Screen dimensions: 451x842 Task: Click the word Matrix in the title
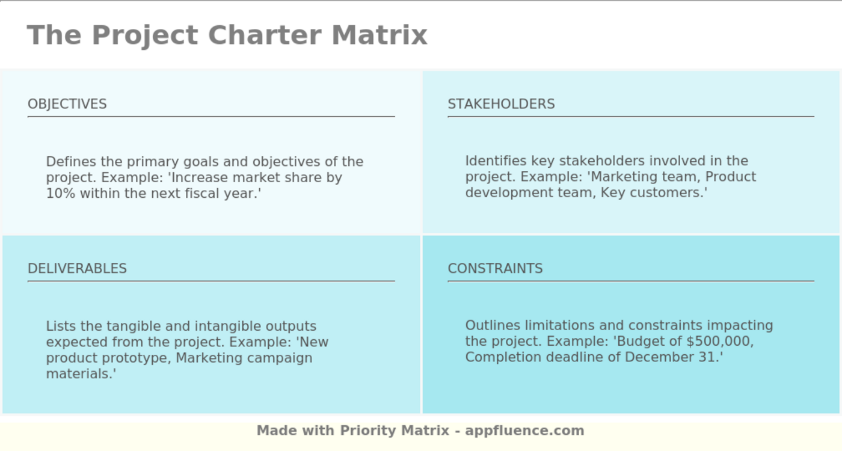(379, 35)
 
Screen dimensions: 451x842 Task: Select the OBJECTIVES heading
(67, 104)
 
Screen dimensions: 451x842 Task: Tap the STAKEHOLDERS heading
(501, 104)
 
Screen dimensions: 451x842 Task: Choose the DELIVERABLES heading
(77, 268)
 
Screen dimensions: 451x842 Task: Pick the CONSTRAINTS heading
(495, 268)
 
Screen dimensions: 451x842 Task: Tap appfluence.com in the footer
(524, 431)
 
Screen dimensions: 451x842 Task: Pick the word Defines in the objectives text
(71, 162)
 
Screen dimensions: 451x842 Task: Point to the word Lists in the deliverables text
(61, 326)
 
